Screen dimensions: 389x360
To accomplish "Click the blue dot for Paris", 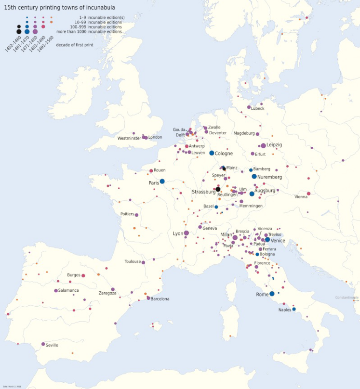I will (162, 182).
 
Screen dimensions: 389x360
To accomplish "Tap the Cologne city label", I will (224, 154).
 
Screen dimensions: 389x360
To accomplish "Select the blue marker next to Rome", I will (272, 294).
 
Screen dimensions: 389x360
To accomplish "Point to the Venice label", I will (278, 240).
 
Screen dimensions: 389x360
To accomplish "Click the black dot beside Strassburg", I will (218, 189).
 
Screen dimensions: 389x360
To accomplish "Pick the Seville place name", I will (52, 345).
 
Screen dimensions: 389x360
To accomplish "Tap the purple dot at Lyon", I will (186, 233).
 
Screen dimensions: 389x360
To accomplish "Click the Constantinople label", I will (347, 298).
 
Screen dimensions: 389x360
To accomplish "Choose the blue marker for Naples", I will (294, 309).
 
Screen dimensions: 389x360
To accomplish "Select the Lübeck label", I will (257, 109).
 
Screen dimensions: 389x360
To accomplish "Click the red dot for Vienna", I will (308, 194).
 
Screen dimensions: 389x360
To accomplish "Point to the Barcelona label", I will (160, 299).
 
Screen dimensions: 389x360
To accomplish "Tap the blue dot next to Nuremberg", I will (254, 176).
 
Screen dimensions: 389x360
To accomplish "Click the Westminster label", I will (129, 139).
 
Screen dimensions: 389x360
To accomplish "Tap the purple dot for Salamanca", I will (56, 291).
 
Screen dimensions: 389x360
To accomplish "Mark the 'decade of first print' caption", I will (75, 45).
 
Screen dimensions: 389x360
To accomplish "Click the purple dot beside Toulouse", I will (143, 262).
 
